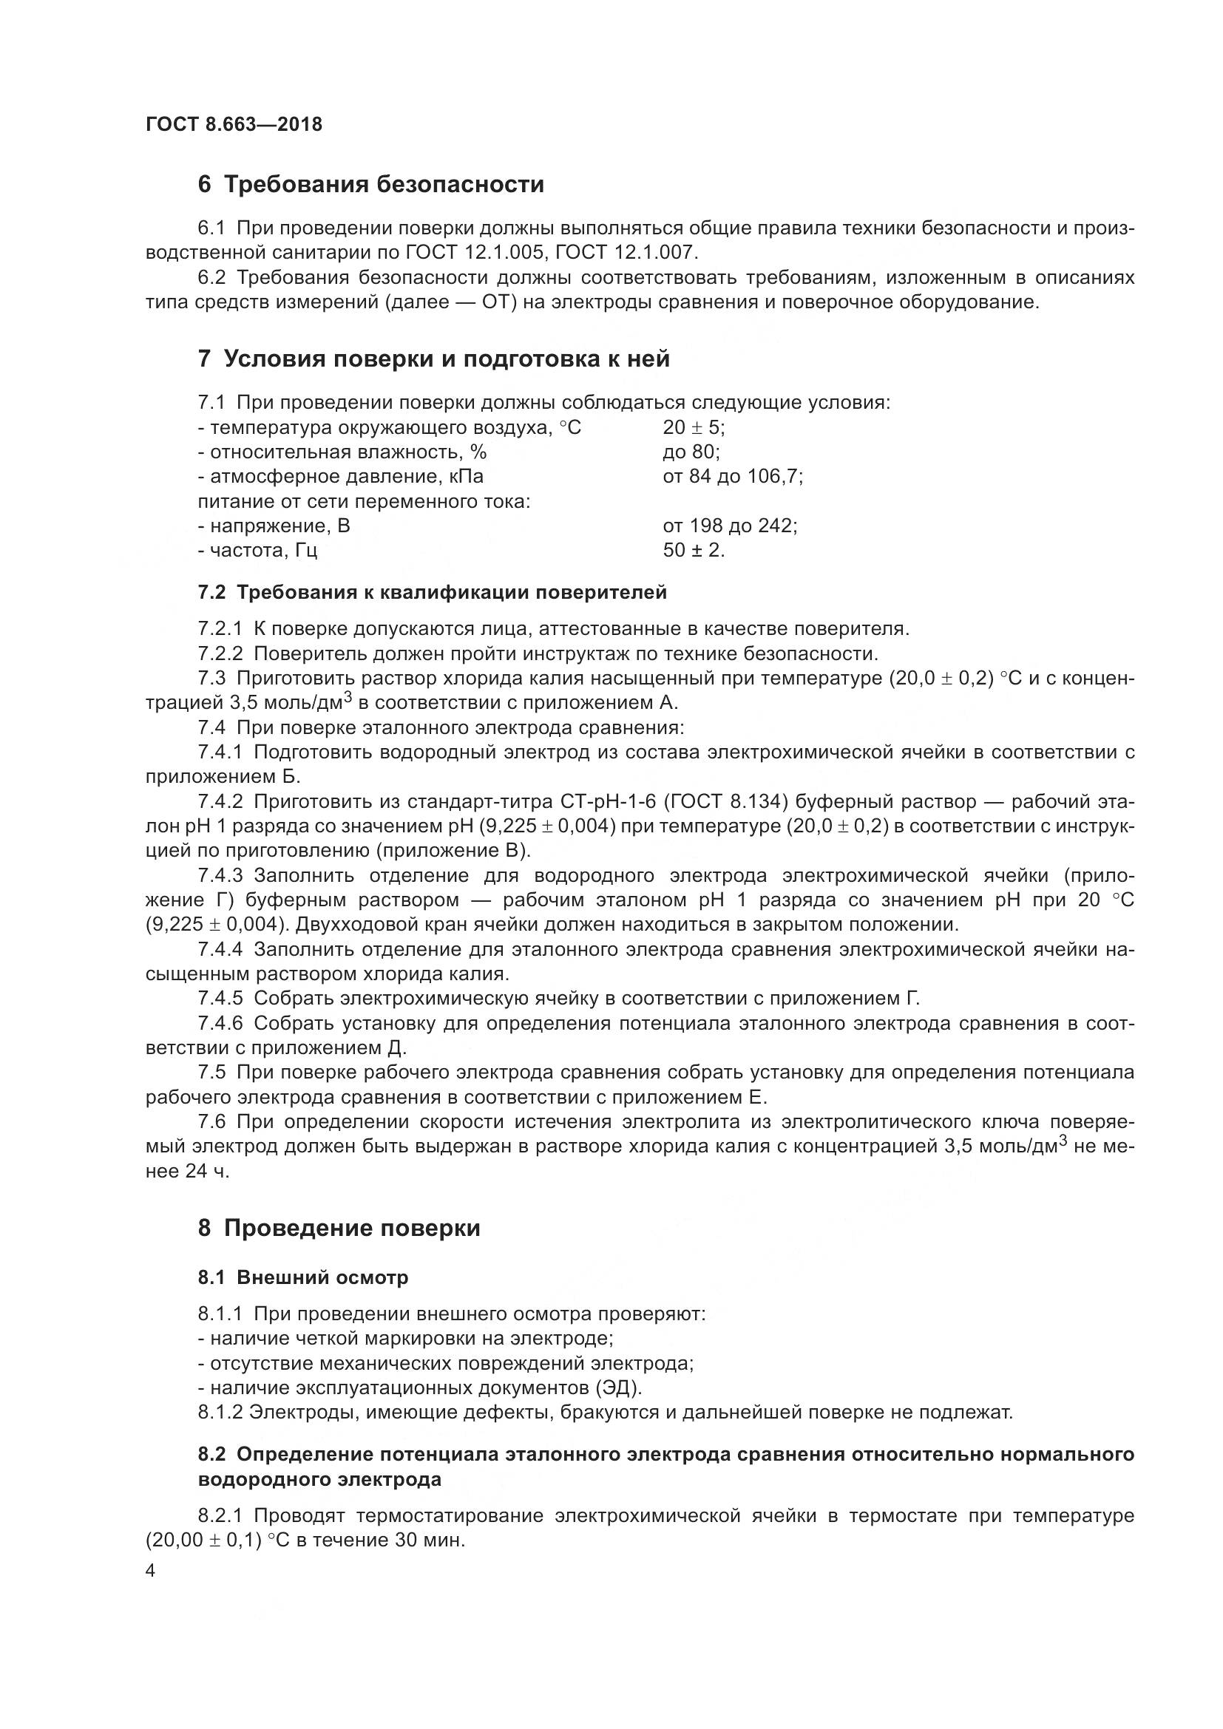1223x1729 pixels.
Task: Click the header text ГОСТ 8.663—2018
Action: pos(234,124)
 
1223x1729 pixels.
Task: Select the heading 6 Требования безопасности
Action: pos(370,185)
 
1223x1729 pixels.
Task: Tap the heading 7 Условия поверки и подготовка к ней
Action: pos(434,359)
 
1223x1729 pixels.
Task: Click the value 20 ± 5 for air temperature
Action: pos(693,428)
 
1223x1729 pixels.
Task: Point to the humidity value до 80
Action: pos(691,452)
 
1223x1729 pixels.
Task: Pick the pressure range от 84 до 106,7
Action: pos(732,477)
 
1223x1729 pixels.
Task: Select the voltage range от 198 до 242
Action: pos(729,526)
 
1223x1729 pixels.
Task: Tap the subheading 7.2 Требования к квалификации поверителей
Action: pos(433,593)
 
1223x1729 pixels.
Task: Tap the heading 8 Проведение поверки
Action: pos(339,1229)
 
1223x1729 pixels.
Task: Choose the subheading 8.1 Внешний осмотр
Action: pos(302,1277)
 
